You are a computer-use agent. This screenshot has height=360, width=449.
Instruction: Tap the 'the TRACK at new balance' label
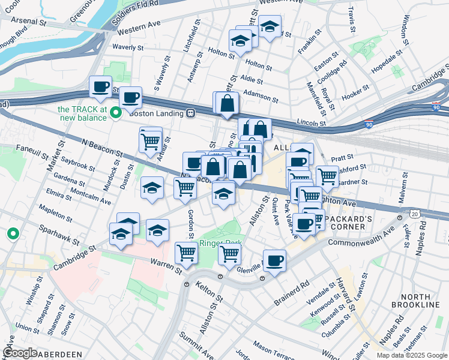(82, 113)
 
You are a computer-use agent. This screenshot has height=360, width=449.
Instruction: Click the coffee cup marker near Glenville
(274, 260)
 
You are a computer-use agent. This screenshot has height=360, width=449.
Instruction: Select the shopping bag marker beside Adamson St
(228, 103)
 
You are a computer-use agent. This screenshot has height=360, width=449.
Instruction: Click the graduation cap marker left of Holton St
(240, 41)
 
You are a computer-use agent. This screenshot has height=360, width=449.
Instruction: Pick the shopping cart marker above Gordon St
(185, 188)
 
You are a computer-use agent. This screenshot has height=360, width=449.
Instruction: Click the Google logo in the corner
(20, 353)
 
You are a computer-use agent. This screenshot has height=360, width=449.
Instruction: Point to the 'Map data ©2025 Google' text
(411, 355)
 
